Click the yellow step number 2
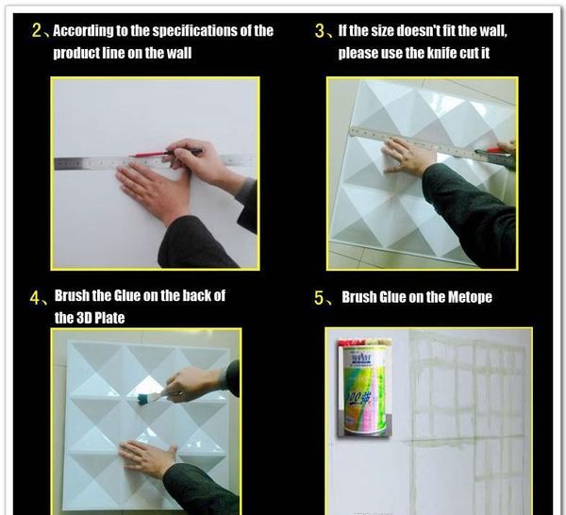(x=37, y=30)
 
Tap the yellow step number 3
(x=320, y=31)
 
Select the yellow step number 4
(x=35, y=298)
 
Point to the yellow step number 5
(x=319, y=298)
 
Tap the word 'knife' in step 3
(x=441, y=53)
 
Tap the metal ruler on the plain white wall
(x=154, y=161)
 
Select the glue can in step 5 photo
(x=364, y=388)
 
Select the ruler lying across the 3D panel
(x=432, y=147)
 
